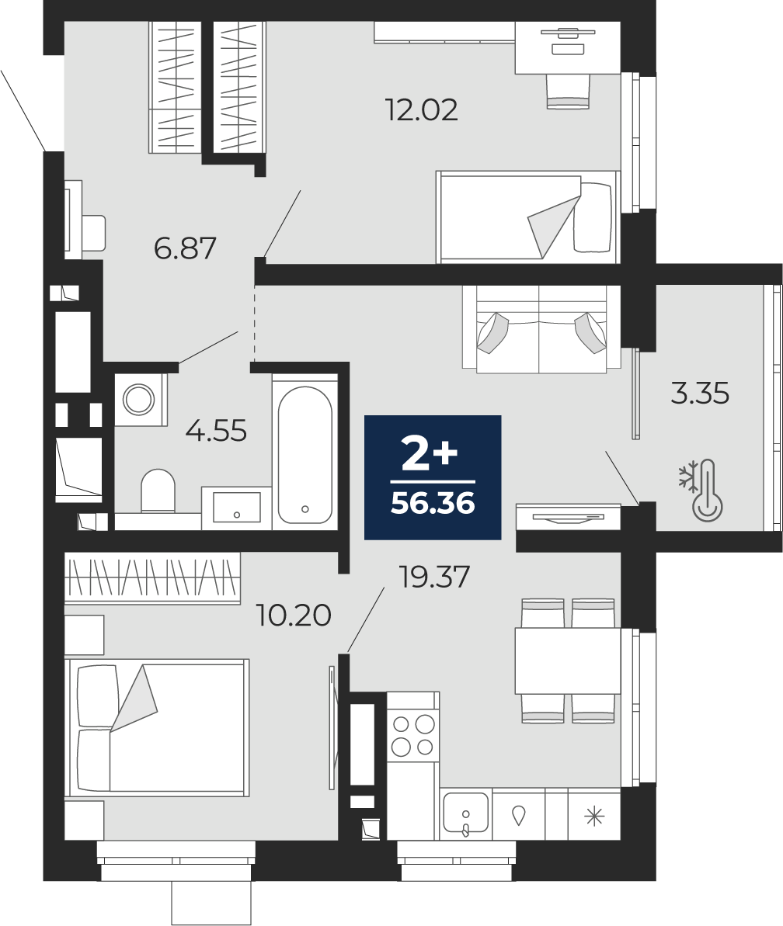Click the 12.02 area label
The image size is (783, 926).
click(x=421, y=110)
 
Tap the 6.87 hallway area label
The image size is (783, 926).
click(x=185, y=248)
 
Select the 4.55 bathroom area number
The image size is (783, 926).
click(x=216, y=431)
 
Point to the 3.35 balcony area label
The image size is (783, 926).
click(x=700, y=394)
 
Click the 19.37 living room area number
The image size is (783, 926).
click(x=435, y=577)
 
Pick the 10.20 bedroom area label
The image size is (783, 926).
click(x=294, y=616)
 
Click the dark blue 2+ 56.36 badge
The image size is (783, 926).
click(x=433, y=477)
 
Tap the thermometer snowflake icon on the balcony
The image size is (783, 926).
click(x=701, y=491)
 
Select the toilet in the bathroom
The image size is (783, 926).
click(x=158, y=491)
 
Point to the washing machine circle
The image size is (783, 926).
click(x=138, y=400)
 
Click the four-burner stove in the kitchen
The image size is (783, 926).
click(x=413, y=734)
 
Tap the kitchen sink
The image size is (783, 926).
click(x=466, y=813)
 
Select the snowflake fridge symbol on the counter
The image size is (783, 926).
click(x=594, y=816)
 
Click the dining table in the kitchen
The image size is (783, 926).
click(x=568, y=661)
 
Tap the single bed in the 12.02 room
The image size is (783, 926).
click(x=527, y=217)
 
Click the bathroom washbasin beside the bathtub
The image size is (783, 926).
click(x=236, y=508)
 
